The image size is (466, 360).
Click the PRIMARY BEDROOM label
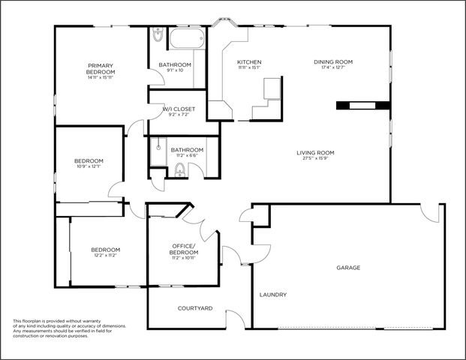pos(100,68)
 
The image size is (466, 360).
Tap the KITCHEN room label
pos(248,61)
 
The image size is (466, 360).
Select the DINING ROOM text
pos(332,61)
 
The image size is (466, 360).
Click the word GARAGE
pos(348,268)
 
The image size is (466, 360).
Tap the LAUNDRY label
pos(273,295)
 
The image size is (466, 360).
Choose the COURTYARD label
pos(195,308)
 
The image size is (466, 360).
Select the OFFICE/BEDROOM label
pos(183,249)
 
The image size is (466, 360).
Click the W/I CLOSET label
pos(179,109)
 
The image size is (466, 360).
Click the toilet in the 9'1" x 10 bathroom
pos(158,34)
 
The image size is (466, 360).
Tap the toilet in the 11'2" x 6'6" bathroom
pos(179,172)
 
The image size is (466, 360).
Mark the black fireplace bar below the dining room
pos(362,106)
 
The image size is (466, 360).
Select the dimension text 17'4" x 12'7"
pos(332,67)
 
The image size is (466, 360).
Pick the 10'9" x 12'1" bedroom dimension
pos(89,166)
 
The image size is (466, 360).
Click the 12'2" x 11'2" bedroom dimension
pos(106,255)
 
